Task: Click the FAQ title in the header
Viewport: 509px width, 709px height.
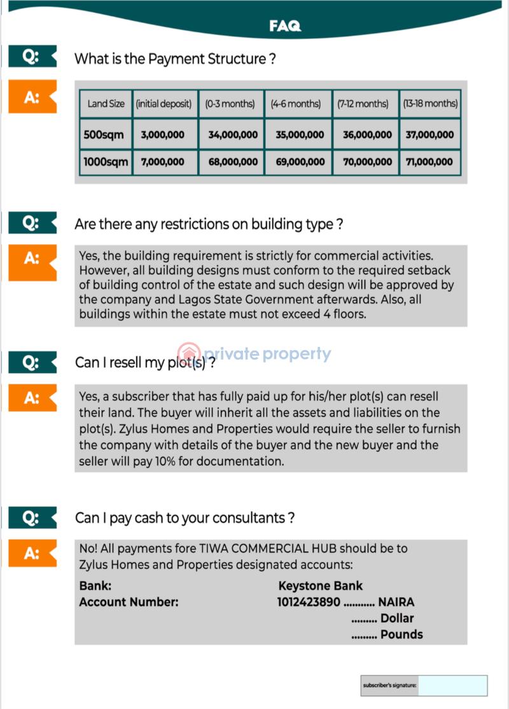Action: coord(284,26)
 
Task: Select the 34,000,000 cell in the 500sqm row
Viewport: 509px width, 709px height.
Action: coord(233,135)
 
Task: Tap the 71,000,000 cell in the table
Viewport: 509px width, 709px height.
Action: coord(429,162)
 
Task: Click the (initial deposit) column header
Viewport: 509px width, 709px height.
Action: coord(164,104)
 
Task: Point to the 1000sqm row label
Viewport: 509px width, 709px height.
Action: coord(106,162)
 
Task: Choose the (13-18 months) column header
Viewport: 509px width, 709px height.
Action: coord(430,104)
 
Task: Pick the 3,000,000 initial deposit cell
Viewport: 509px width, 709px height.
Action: coord(163,135)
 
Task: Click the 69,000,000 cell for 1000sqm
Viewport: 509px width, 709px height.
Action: coord(300,162)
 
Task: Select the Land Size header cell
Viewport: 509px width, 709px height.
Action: coord(106,104)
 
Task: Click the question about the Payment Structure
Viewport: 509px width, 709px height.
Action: coord(175,59)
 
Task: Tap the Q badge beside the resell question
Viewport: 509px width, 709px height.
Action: coord(31,363)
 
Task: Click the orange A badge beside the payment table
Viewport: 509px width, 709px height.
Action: coord(32,97)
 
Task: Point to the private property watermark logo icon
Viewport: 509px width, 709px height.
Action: coord(189,354)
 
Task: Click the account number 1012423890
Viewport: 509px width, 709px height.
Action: coord(309,602)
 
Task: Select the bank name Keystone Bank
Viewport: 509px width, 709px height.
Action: coord(321,586)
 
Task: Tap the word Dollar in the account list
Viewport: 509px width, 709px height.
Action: coord(397,618)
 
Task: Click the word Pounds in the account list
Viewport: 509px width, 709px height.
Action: coord(401,635)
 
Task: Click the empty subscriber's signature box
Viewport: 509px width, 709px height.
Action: coord(453,685)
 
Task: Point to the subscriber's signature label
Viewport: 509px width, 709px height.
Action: coord(390,685)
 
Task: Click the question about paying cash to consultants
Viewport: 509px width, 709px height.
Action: coord(185,518)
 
